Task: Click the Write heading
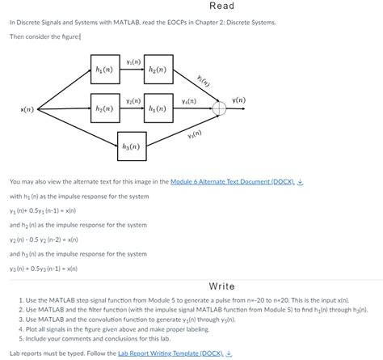click(x=221, y=286)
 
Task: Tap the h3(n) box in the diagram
click(x=132, y=146)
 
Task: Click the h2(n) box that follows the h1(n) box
click(x=158, y=70)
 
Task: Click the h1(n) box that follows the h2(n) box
click(x=158, y=108)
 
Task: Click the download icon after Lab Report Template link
click(x=229, y=354)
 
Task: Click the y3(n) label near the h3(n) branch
click(x=194, y=133)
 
